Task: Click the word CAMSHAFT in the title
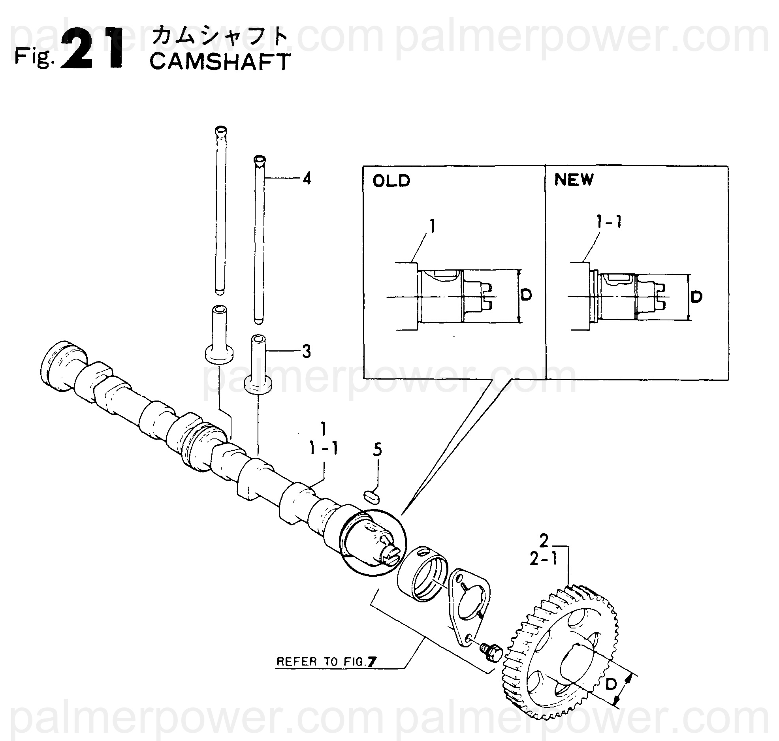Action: [x=220, y=62]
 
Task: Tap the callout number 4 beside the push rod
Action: [x=307, y=179]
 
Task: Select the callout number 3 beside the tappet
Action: [x=306, y=351]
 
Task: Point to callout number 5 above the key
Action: [x=378, y=450]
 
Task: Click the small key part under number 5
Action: [x=372, y=497]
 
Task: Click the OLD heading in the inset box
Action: [x=391, y=181]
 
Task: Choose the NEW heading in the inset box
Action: [x=574, y=180]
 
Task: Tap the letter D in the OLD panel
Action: [x=526, y=295]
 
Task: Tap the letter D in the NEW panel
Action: [x=696, y=296]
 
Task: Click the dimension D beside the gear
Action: [x=611, y=685]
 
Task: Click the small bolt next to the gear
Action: [x=490, y=651]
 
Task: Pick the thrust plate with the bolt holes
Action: [x=468, y=609]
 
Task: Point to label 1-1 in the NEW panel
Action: [x=609, y=223]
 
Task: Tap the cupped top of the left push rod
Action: [x=220, y=130]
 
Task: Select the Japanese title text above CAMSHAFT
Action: [x=220, y=37]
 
